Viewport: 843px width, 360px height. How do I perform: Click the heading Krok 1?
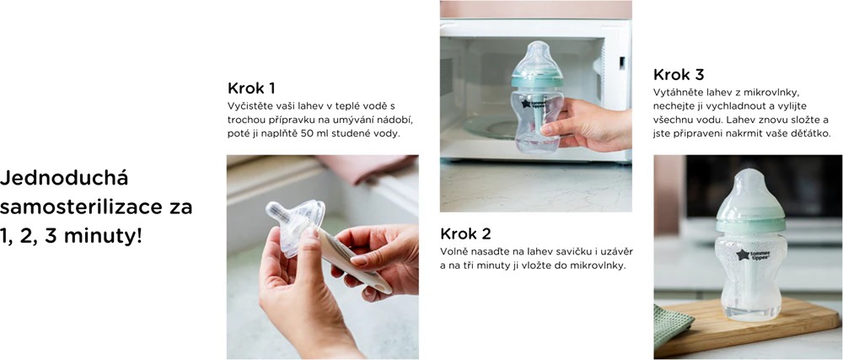coord(251,88)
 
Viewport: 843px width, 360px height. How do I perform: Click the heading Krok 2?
coord(465,234)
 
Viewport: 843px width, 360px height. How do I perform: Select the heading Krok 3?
coord(679,73)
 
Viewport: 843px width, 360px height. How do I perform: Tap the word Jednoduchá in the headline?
coord(64,179)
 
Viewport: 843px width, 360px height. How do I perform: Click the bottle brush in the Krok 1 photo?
coord(354,268)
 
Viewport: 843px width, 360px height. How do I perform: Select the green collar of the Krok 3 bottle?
coord(749,222)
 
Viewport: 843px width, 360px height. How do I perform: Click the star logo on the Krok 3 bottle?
coord(743,255)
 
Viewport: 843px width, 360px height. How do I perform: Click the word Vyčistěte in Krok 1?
coord(252,105)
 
